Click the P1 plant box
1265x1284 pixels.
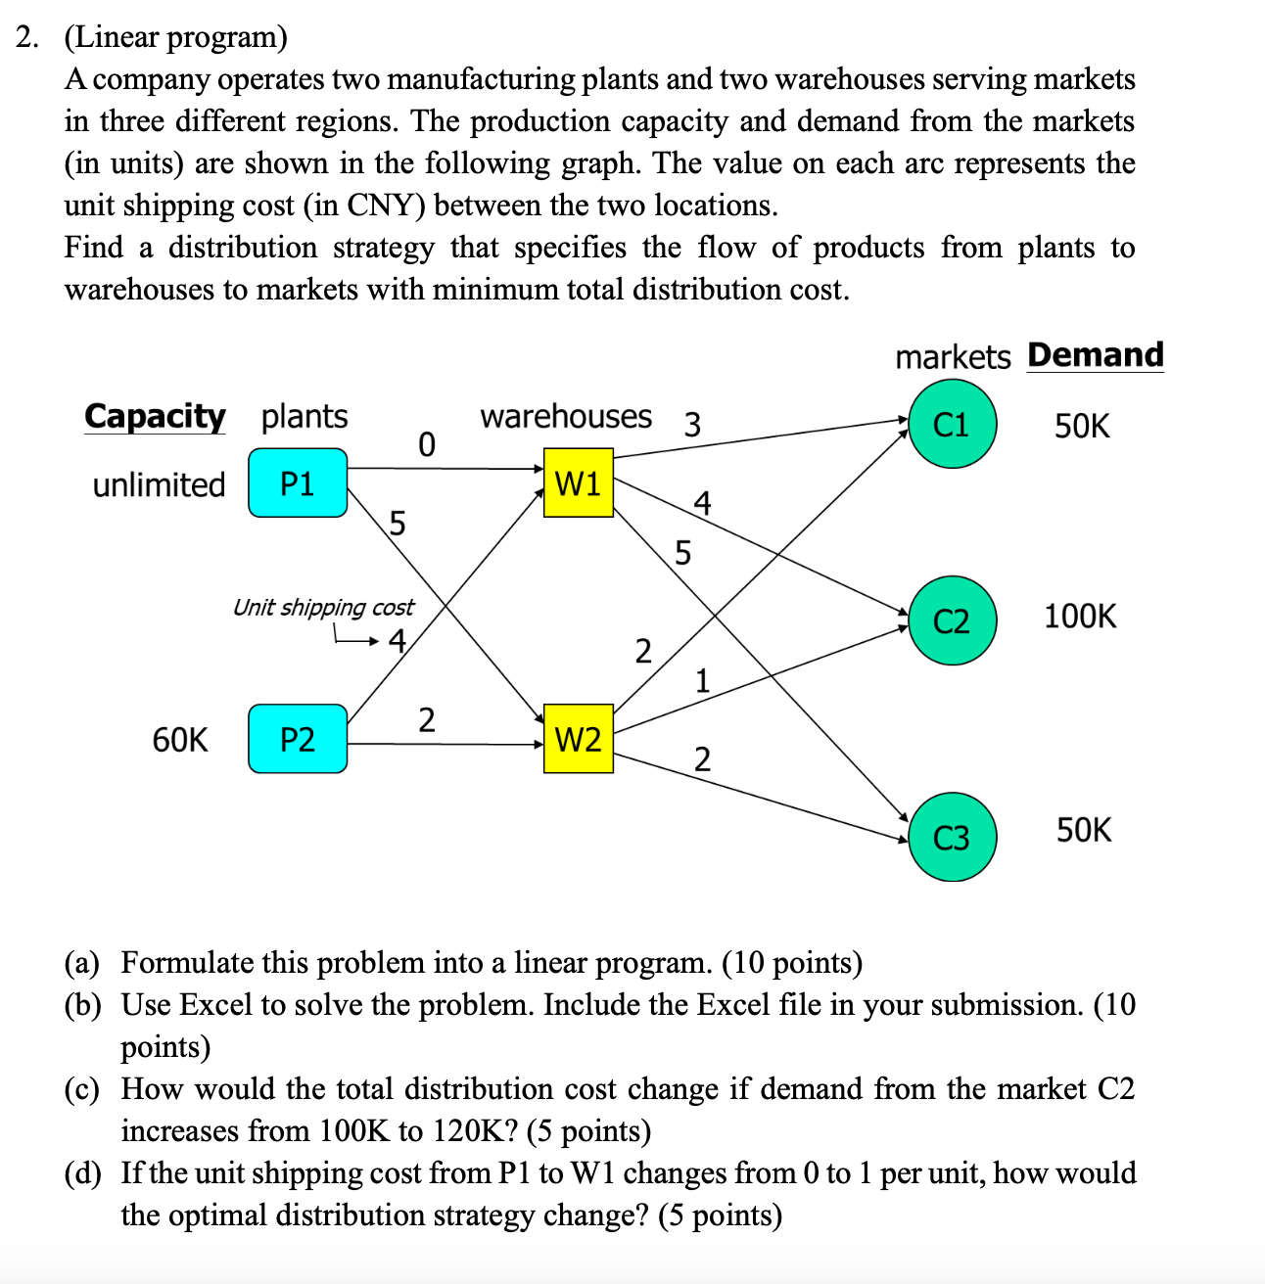click(298, 483)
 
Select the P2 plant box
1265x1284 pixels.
click(298, 739)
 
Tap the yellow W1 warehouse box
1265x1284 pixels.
click(578, 482)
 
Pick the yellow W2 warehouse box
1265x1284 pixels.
click(578, 739)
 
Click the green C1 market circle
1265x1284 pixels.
click(952, 425)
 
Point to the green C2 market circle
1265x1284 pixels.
click(952, 621)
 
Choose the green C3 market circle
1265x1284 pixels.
click(952, 838)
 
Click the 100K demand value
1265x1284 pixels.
click(1079, 617)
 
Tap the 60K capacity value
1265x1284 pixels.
click(180, 740)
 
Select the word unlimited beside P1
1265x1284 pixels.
click(159, 484)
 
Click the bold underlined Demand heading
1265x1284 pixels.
click(1095, 354)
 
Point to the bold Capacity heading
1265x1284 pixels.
click(155, 416)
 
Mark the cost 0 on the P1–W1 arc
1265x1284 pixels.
click(425, 445)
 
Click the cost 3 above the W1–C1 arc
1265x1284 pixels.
click(691, 425)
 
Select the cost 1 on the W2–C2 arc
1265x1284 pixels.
click(702, 680)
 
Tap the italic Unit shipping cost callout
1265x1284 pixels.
click(323, 608)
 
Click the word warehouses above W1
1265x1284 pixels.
click(565, 416)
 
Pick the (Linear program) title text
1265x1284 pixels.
click(176, 37)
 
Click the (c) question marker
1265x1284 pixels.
click(82, 1089)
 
